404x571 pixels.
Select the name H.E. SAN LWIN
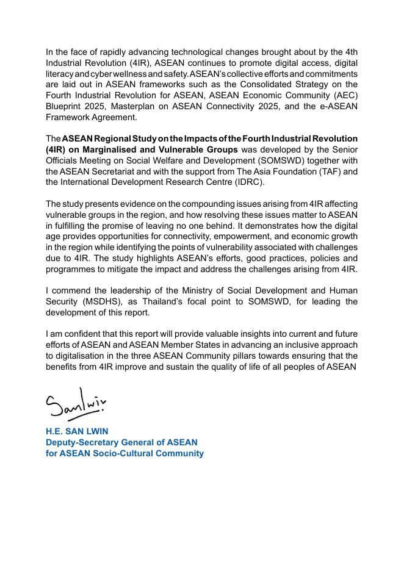tap(77, 431)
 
